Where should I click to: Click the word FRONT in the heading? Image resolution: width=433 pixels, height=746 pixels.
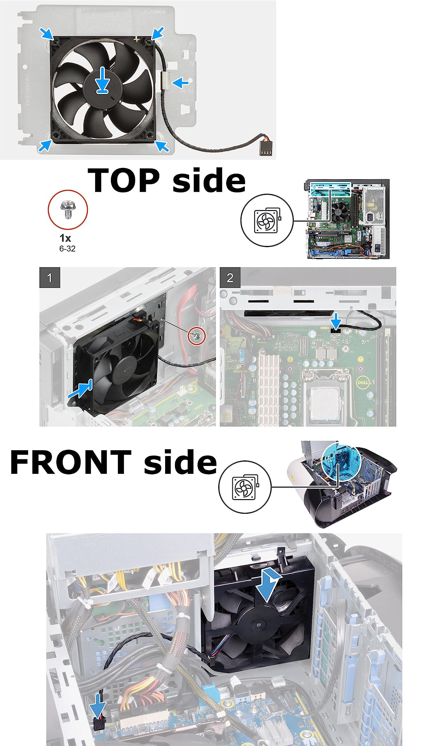(x=71, y=462)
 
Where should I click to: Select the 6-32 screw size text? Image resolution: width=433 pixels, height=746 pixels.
(x=67, y=249)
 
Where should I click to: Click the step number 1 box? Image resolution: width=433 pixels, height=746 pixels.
(x=50, y=277)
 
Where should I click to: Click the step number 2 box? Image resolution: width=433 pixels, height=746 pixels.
(x=230, y=277)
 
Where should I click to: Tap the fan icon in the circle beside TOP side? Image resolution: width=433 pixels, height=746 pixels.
(x=266, y=220)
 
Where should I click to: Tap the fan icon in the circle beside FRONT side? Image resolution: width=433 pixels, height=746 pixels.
(x=245, y=487)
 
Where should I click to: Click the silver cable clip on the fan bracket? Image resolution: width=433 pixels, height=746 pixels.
(x=165, y=80)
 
